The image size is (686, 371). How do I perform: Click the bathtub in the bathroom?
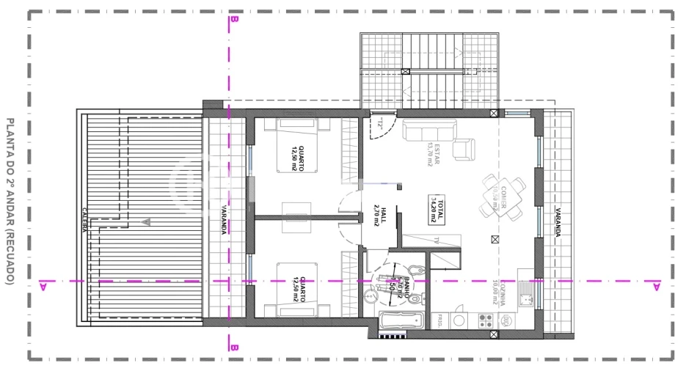(x=402, y=320)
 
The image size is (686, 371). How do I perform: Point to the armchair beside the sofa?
(x=463, y=149)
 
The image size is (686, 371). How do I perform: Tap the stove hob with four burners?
(x=484, y=320)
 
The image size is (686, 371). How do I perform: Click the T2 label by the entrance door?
(x=382, y=124)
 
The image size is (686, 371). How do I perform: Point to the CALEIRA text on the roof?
(x=86, y=220)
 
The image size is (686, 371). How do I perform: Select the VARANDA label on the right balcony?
(x=558, y=219)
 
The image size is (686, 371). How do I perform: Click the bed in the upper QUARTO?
(x=297, y=146)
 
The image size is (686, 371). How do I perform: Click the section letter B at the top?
(x=233, y=21)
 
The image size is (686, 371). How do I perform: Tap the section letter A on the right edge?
(x=656, y=284)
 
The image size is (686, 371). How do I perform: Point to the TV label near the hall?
(x=436, y=240)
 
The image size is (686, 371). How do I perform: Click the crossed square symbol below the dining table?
(x=495, y=238)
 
